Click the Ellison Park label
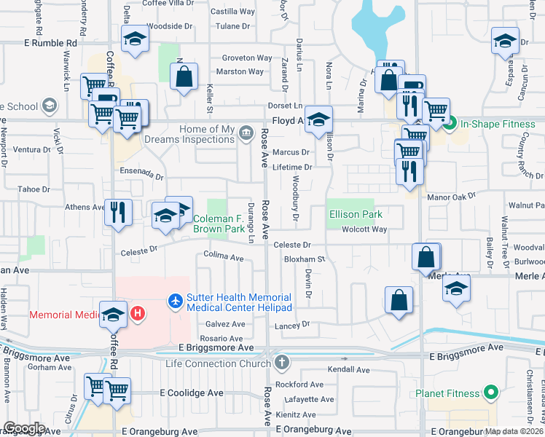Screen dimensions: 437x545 point(356,214)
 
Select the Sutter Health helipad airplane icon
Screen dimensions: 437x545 point(175,299)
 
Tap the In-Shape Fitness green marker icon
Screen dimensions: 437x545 point(450,124)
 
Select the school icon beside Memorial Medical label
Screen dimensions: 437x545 point(113,314)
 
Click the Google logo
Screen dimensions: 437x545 point(23,428)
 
